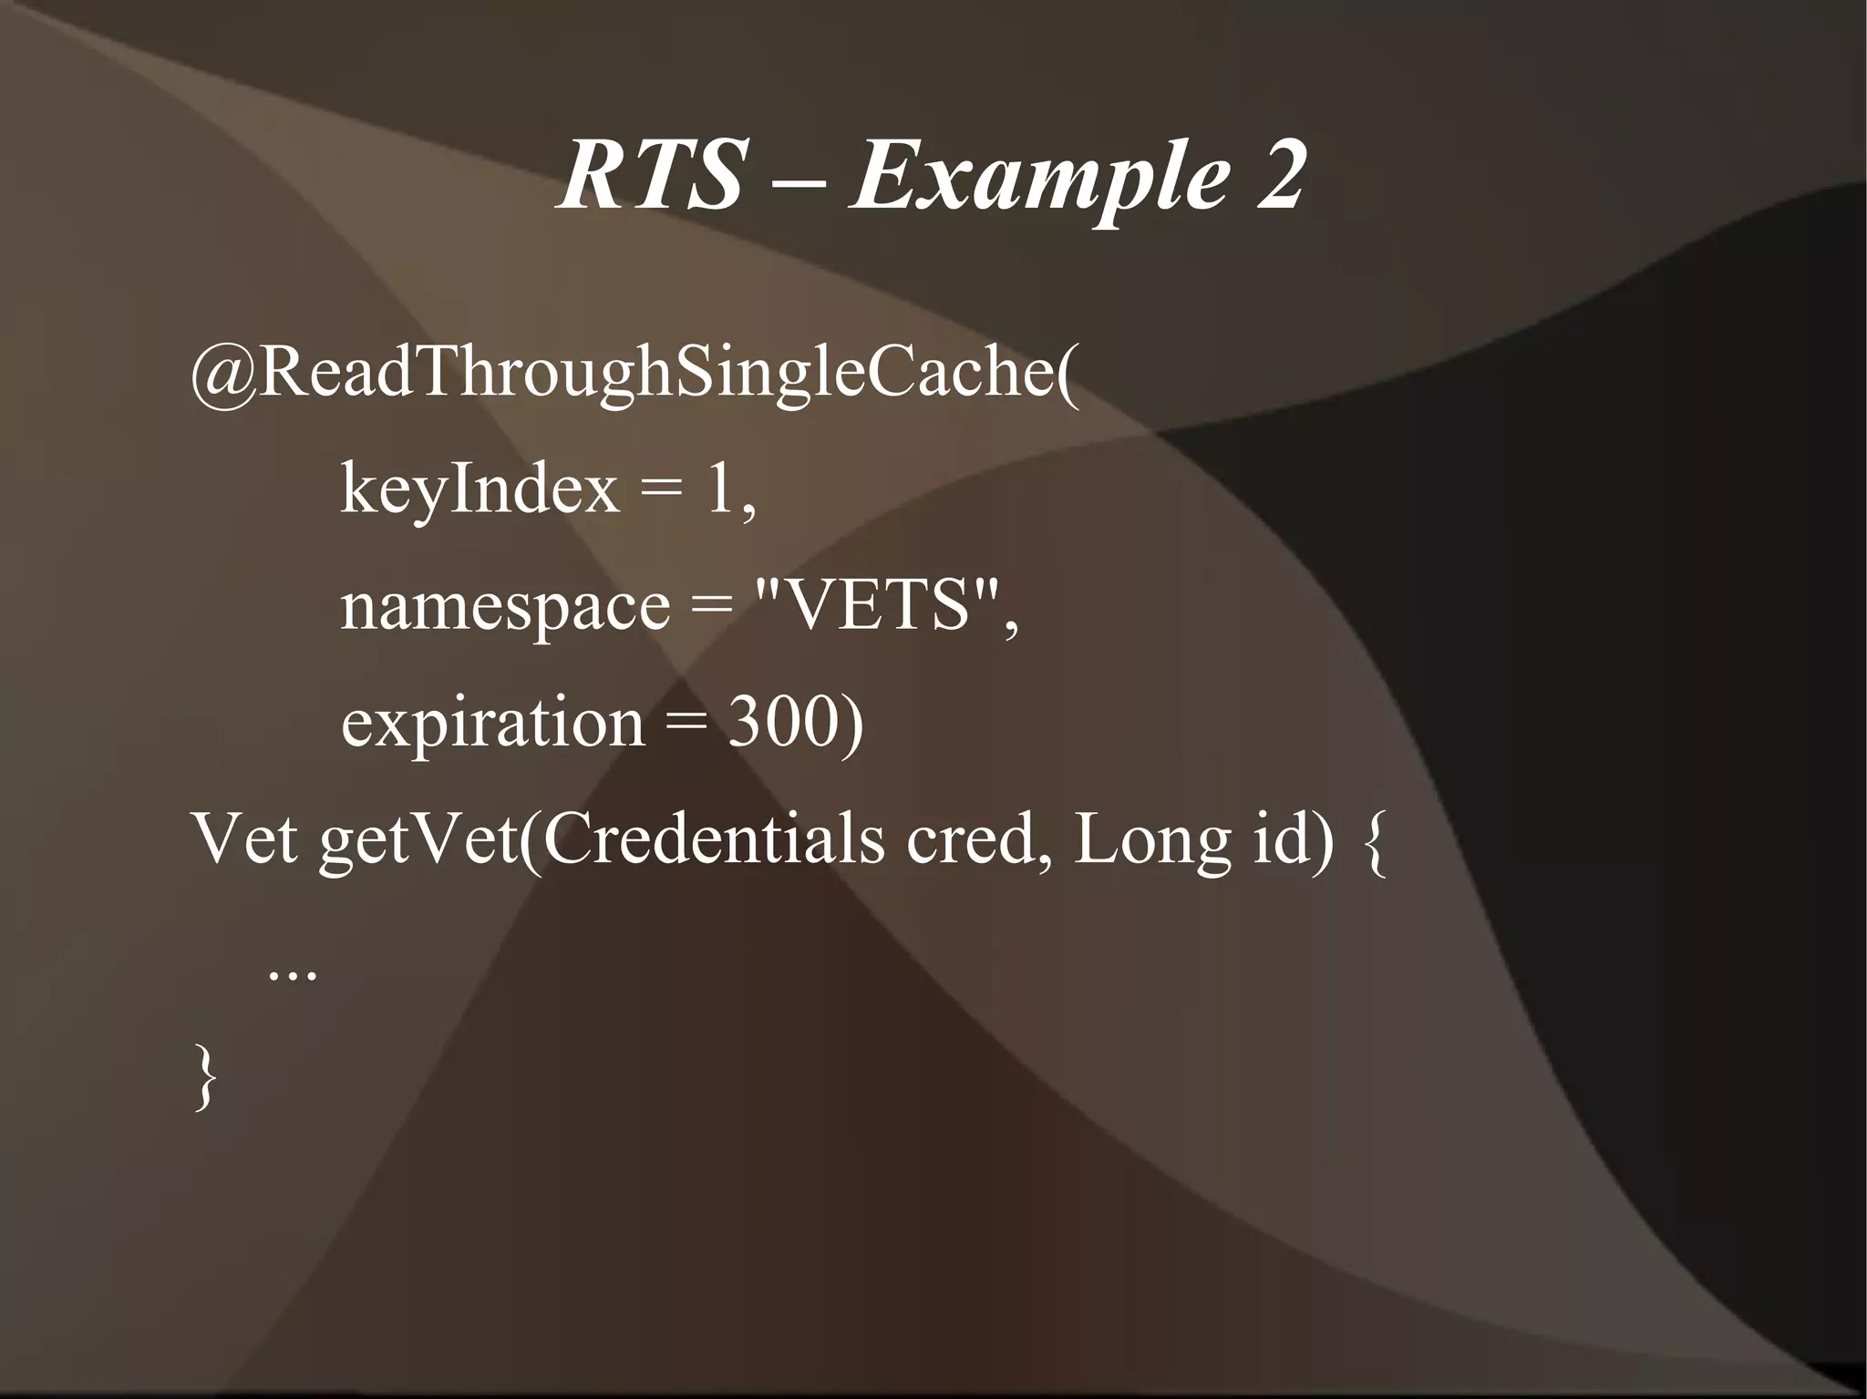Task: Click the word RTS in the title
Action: click(x=649, y=175)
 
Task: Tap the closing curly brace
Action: click(x=207, y=1075)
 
